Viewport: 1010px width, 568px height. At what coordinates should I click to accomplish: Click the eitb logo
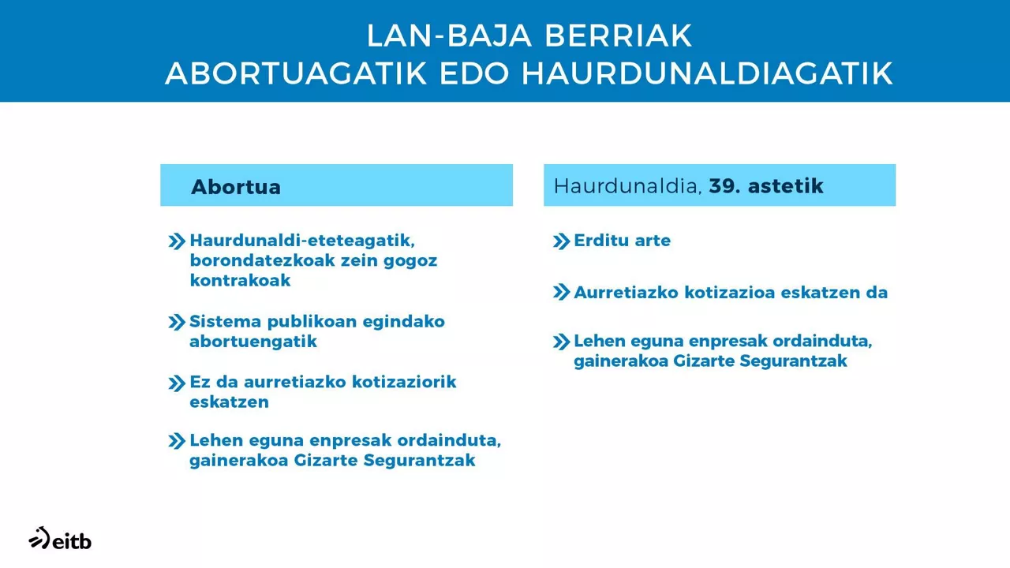[x=60, y=539]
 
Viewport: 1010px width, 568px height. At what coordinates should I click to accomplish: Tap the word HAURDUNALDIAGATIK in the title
[x=707, y=73]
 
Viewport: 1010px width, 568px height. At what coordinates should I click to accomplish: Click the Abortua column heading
[x=236, y=187]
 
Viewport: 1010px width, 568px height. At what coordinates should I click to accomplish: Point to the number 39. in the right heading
[x=724, y=186]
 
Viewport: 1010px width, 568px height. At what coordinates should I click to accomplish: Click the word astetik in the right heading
[x=786, y=186]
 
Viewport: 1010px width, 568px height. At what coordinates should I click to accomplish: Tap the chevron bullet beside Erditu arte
[x=561, y=241]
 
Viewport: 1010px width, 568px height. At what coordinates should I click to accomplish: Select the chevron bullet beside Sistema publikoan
[x=177, y=323]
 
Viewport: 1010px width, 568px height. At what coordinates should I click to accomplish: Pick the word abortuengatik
[x=252, y=342]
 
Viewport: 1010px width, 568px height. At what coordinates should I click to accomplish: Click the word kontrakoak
[x=240, y=280]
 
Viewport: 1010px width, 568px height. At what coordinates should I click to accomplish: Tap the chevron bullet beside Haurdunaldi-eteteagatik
[x=177, y=241]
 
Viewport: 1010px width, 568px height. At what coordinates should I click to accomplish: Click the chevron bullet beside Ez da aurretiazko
[x=177, y=383]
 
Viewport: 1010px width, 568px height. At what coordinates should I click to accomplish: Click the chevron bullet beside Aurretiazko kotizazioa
[x=561, y=293]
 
